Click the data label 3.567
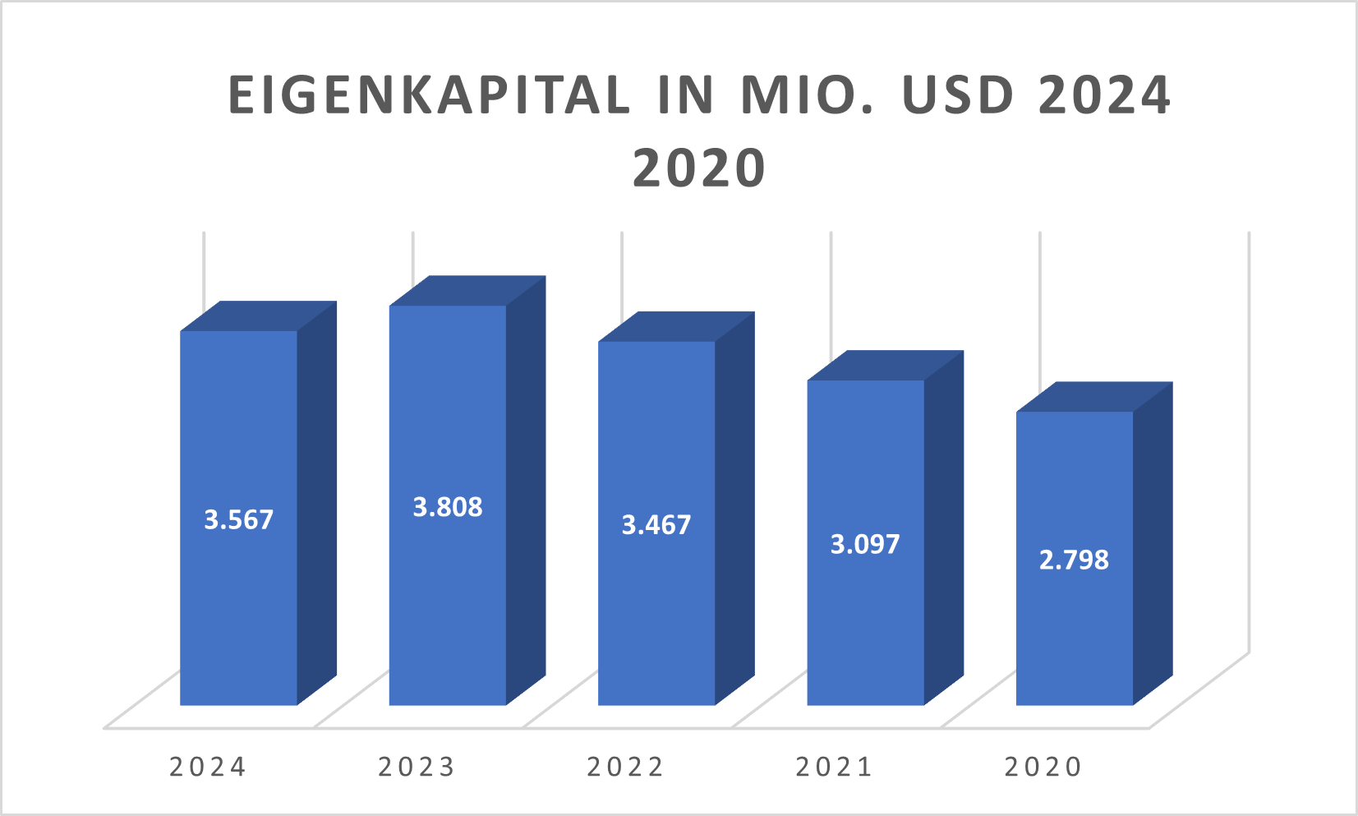[238, 520]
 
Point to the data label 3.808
[447, 507]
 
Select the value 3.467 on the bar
[656, 525]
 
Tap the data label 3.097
[865, 544]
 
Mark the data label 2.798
[1074, 560]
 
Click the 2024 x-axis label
[208, 767]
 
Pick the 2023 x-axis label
[417, 767]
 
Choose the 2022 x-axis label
[625, 767]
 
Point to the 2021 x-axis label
[834, 767]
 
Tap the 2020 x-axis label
[1043, 767]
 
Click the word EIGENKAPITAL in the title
[428, 95]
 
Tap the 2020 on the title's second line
[699, 168]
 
